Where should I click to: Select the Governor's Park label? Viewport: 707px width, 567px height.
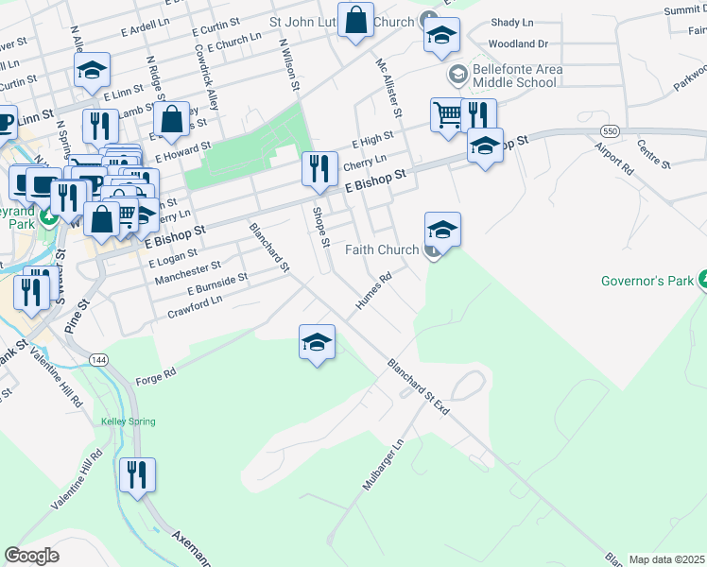(647, 281)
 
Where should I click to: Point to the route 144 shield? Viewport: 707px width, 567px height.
(97, 360)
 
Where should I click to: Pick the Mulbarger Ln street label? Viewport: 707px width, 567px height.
(383, 464)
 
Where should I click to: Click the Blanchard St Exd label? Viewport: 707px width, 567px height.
(417, 387)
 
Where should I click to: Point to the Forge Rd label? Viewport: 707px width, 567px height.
(156, 374)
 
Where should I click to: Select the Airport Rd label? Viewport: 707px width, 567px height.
(614, 158)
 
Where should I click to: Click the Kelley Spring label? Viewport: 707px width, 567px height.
(128, 421)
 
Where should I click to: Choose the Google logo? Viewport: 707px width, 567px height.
(31, 556)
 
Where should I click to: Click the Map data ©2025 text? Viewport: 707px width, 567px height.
(666, 559)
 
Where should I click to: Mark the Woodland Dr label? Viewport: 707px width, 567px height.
(518, 43)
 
